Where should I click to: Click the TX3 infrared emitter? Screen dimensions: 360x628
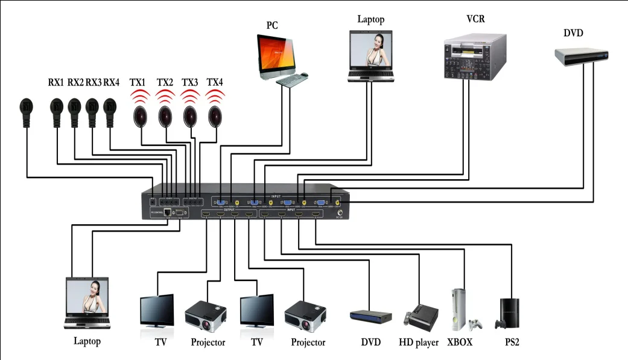coord(189,115)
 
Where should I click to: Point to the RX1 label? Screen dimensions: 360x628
coord(56,82)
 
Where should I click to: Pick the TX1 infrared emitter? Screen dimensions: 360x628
coord(140,115)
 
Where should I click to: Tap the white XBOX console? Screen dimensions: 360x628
coord(460,310)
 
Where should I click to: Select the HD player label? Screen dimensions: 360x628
coord(419,343)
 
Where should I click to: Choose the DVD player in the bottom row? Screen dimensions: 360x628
coord(370,316)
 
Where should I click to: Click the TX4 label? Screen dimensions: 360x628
coord(215,82)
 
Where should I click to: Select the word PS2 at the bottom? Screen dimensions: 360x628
coord(512,343)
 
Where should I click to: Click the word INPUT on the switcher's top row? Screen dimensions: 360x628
coord(275,196)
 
